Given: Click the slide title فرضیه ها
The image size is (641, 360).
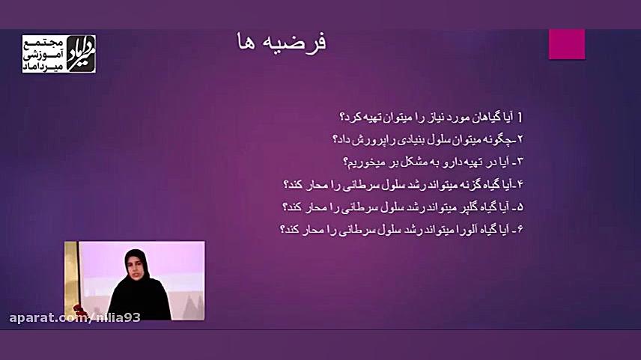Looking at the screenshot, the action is pos(282,43).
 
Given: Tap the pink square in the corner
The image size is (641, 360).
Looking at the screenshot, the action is pos(567,44).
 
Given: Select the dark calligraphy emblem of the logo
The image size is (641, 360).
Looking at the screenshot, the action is pos(81,54).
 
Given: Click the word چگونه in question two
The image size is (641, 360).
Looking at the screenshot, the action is pos(494,140).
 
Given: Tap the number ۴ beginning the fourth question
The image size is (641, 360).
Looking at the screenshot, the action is pos(520,185).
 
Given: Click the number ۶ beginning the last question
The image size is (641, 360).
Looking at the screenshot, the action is pos(520,230).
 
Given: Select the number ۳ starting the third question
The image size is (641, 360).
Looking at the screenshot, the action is pos(520,162).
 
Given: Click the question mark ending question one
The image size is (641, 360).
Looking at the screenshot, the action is pos(344,118).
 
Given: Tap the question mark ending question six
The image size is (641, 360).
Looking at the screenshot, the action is pos(283,230).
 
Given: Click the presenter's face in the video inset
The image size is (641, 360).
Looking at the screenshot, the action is pos(136,270).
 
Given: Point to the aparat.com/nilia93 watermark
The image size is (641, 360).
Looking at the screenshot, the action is pos(75,317).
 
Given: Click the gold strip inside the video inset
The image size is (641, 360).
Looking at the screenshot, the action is pos(71,278).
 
